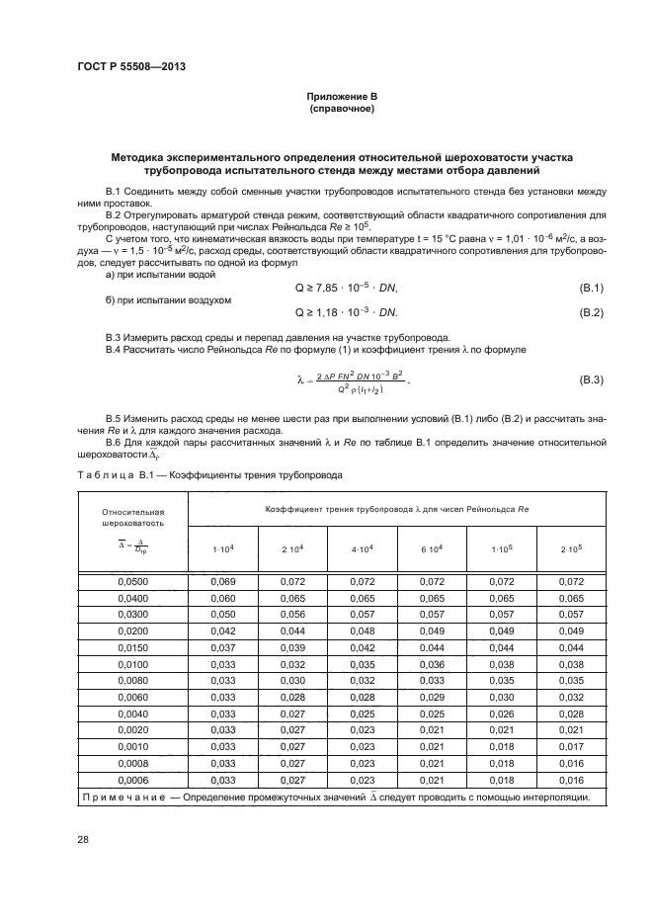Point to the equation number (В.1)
(591, 288)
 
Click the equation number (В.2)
(591, 312)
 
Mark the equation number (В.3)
(591, 379)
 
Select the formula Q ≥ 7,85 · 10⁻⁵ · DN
(346, 288)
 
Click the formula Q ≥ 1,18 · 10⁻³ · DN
(346, 312)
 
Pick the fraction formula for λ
(352, 379)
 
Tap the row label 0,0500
(132, 582)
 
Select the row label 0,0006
(132, 780)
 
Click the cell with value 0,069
(223, 582)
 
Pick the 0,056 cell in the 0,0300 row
(292, 615)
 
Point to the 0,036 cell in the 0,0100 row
(432, 664)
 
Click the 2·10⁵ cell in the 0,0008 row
(571, 764)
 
